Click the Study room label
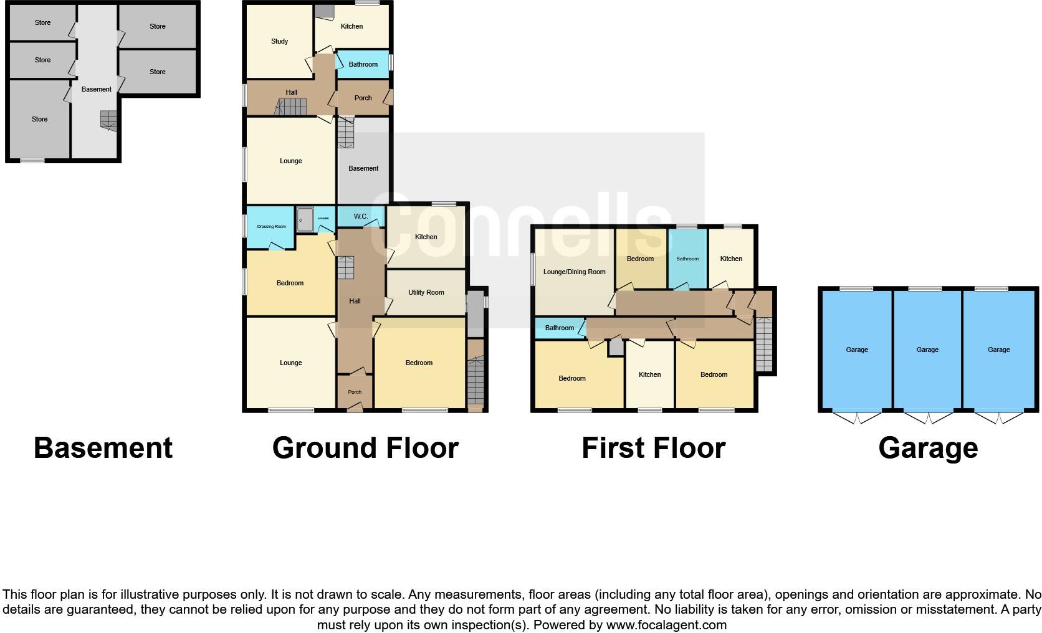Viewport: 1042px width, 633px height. (x=279, y=41)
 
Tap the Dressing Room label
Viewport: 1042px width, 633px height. (x=271, y=227)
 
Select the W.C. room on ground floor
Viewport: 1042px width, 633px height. (x=360, y=216)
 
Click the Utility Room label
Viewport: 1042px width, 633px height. (x=426, y=292)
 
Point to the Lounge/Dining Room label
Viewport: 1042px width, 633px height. (x=574, y=272)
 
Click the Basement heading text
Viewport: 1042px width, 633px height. (x=103, y=448)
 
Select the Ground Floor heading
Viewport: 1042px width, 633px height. (x=365, y=448)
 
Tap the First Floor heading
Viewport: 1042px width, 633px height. (x=653, y=448)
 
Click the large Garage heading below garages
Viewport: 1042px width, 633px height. (x=928, y=448)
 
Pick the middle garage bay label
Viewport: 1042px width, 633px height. (x=927, y=350)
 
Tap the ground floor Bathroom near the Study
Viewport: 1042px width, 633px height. (x=363, y=64)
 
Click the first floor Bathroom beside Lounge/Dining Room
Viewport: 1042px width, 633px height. (x=559, y=328)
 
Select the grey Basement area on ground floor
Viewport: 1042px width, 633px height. (x=363, y=168)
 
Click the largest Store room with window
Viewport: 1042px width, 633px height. (x=39, y=119)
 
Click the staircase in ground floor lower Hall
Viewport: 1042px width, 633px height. (x=345, y=269)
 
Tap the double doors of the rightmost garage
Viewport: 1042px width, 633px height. (x=998, y=417)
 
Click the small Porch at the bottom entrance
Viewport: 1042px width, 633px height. (x=355, y=392)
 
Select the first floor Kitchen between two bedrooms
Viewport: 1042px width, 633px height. (x=649, y=374)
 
